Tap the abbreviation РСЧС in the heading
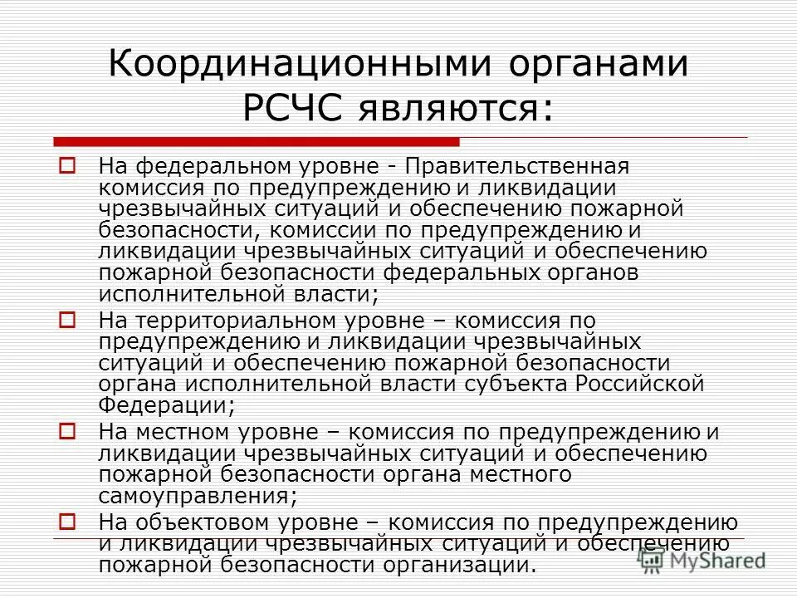(x=294, y=108)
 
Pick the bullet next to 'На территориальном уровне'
(x=68, y=318)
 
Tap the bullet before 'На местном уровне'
(x=68, y=431)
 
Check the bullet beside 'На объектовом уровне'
(x=68, y=522)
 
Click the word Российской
(x=639, y=384)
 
